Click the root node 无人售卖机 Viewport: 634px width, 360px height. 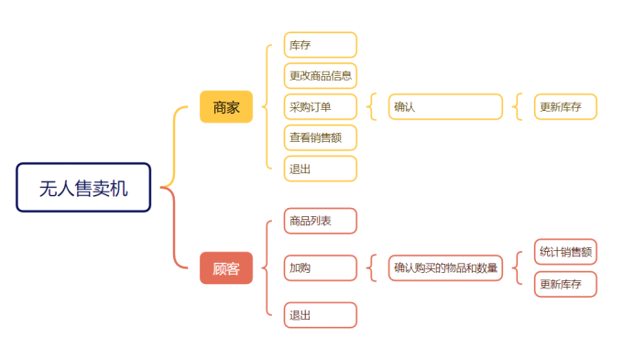click(x=83, y=188)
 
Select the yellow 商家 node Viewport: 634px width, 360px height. click(x=225, y=107)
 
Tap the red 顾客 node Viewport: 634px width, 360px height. click(x=225, y=268)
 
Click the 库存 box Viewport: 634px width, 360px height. click(x=320, y=45)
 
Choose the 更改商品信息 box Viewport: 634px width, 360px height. click(x=320, y=75)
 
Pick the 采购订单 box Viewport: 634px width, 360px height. click(x=320, y=107)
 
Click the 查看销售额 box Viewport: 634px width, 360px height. click(x=320, y=138)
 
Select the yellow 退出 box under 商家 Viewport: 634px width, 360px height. click(x=320, y=169)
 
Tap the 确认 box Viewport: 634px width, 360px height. click(x=445, y=107)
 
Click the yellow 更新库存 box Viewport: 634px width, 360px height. click(x=565, y=107)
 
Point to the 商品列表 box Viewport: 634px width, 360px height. click(x=320, y=221)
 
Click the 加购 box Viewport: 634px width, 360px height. click(x=320, y=268)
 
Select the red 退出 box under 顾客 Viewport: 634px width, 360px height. click(x=320, y=315)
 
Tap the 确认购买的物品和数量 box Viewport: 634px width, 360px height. click(x=445, y=268)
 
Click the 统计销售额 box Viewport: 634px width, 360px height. click(x=565, y=252)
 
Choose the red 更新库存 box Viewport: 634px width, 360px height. click(x=565, y=284)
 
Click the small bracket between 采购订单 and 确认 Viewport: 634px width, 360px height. click(x=371, y=107)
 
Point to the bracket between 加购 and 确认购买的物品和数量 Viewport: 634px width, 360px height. click(x=371, y=268)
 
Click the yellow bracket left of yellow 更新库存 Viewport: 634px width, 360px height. click(x=517, y=107)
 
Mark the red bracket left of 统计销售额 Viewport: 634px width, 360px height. click(x=517, y=268)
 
